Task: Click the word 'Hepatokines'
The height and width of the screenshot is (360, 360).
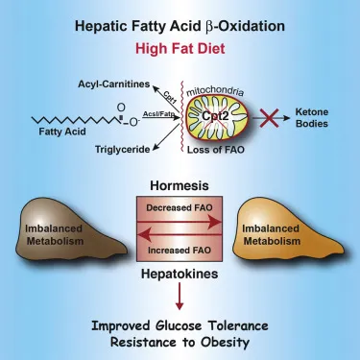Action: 180,273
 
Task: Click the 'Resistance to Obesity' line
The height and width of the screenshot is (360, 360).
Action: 180,341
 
